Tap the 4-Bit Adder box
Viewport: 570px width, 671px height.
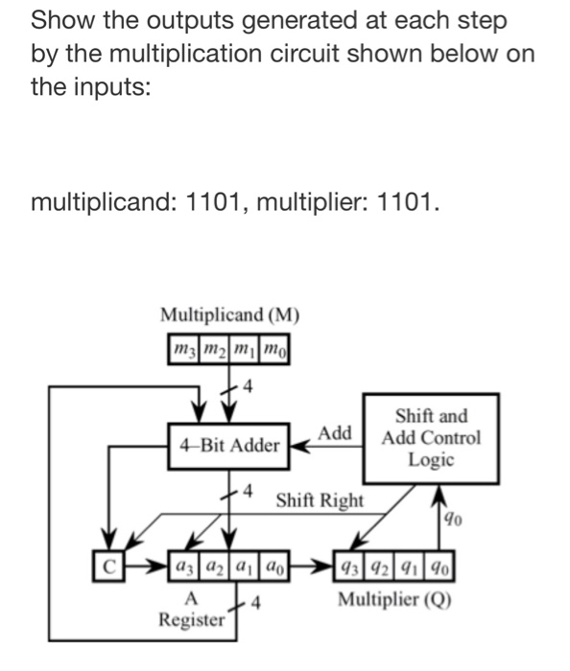coord(228,445)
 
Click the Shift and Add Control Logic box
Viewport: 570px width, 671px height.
coord(431,437)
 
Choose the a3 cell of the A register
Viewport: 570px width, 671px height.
coord(180,565)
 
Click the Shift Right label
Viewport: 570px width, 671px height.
coord(320,500)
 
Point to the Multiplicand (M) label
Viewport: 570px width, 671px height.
coord(229,314)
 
